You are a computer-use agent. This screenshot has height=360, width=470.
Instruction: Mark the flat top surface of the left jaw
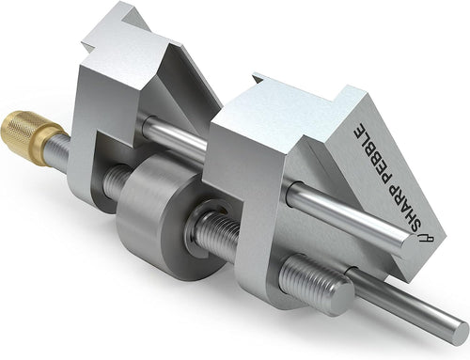[x=122, y=38]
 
